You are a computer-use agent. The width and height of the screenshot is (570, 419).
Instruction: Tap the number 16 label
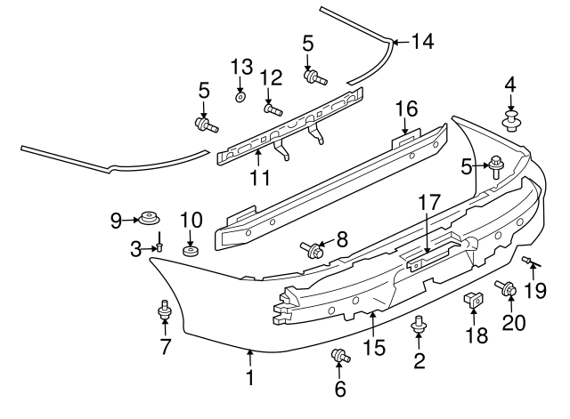pos(406,109)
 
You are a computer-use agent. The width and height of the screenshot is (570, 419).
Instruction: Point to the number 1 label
pos(250,378)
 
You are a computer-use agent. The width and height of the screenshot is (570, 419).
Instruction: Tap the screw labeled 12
pos(273,109)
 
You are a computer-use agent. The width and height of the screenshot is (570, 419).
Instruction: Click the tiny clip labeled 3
pos(158,248)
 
